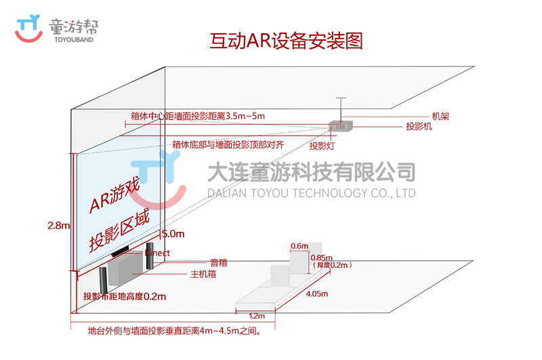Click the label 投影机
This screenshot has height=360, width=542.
click(419, 127)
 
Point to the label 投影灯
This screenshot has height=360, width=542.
click(322, 144)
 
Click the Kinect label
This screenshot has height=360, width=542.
click(157, 253)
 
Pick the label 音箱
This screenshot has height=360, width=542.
click(218, 262)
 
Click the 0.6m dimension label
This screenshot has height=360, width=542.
click(298, 245)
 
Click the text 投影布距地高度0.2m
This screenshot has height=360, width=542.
click(124, 296)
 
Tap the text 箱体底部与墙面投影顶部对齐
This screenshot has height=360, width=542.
click(227, 144)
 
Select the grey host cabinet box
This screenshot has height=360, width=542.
click(126, 267)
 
